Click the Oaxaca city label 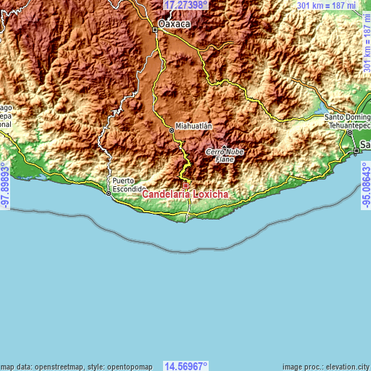pos(174,24)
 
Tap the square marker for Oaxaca pos(154,30)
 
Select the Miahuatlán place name pos(193,125)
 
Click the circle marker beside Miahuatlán pos(172,130)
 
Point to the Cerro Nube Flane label pos(225,154)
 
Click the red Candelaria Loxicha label pos(186,194)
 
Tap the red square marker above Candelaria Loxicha pos(185,185)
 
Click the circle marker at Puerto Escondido pos(109,193)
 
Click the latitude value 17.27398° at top pos(185,5)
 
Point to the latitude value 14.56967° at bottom pos(185,365)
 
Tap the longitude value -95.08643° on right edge pos(365,185)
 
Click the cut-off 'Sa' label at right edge pos(364,145)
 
